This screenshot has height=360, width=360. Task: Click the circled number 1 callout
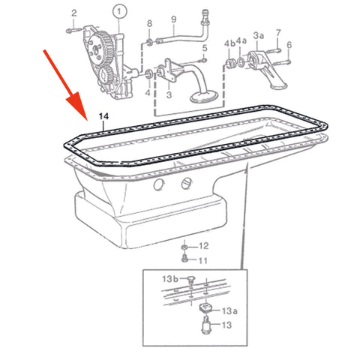(117, 11)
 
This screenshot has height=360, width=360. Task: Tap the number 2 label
(73, 13)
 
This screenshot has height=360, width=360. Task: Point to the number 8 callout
(149, 23)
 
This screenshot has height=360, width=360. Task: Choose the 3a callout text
(259, 35)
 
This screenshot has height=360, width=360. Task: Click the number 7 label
(278, 33)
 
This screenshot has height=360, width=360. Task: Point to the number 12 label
(203, 246)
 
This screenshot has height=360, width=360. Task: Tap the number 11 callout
(202, 260)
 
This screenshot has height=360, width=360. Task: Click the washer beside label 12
(185, 246)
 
